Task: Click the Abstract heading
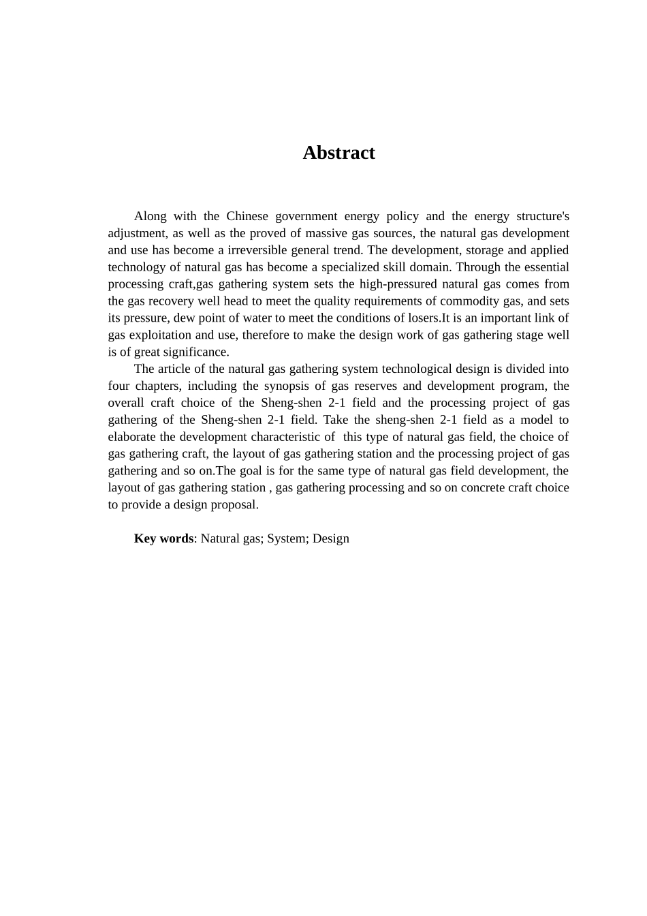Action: (x=338, y=153)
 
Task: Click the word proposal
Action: (x=234, y=504)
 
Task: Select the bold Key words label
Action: (x=163, y=538)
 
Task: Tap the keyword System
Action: (x=286, y=538)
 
